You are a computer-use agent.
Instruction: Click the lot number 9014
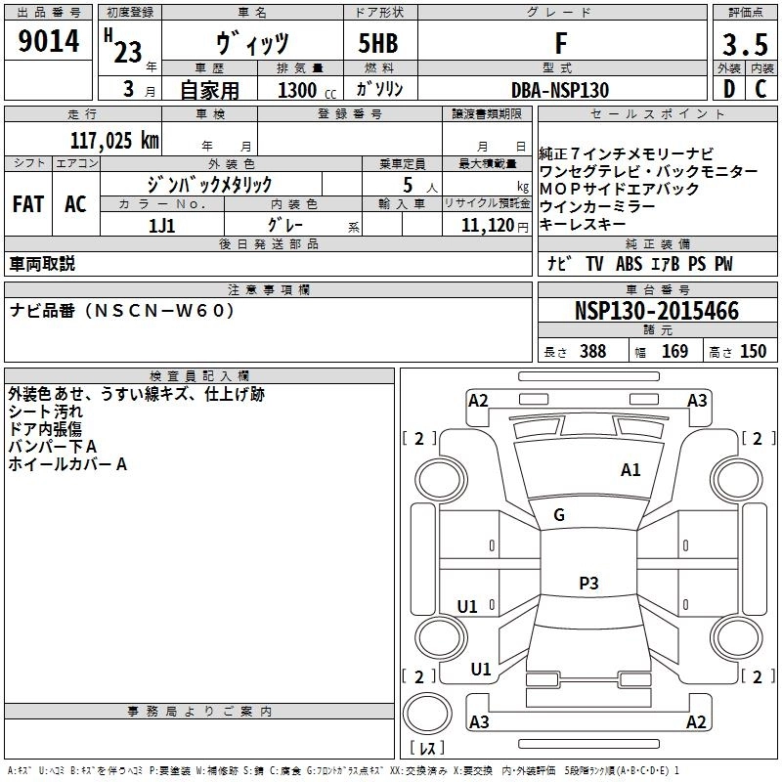49,44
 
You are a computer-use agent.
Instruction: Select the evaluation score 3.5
743,44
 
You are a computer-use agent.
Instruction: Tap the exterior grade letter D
728,89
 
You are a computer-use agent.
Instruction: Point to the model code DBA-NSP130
560,89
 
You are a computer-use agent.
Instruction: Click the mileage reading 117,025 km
114,140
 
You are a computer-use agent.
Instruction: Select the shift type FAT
28,203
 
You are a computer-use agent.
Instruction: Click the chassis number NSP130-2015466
657,311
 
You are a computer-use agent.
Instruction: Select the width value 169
674,352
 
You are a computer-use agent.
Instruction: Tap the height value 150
753,352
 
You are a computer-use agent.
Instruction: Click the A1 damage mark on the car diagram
630,470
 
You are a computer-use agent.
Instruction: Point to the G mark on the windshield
559,515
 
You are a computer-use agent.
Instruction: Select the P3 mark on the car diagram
587,584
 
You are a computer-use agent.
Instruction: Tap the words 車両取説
42,264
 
